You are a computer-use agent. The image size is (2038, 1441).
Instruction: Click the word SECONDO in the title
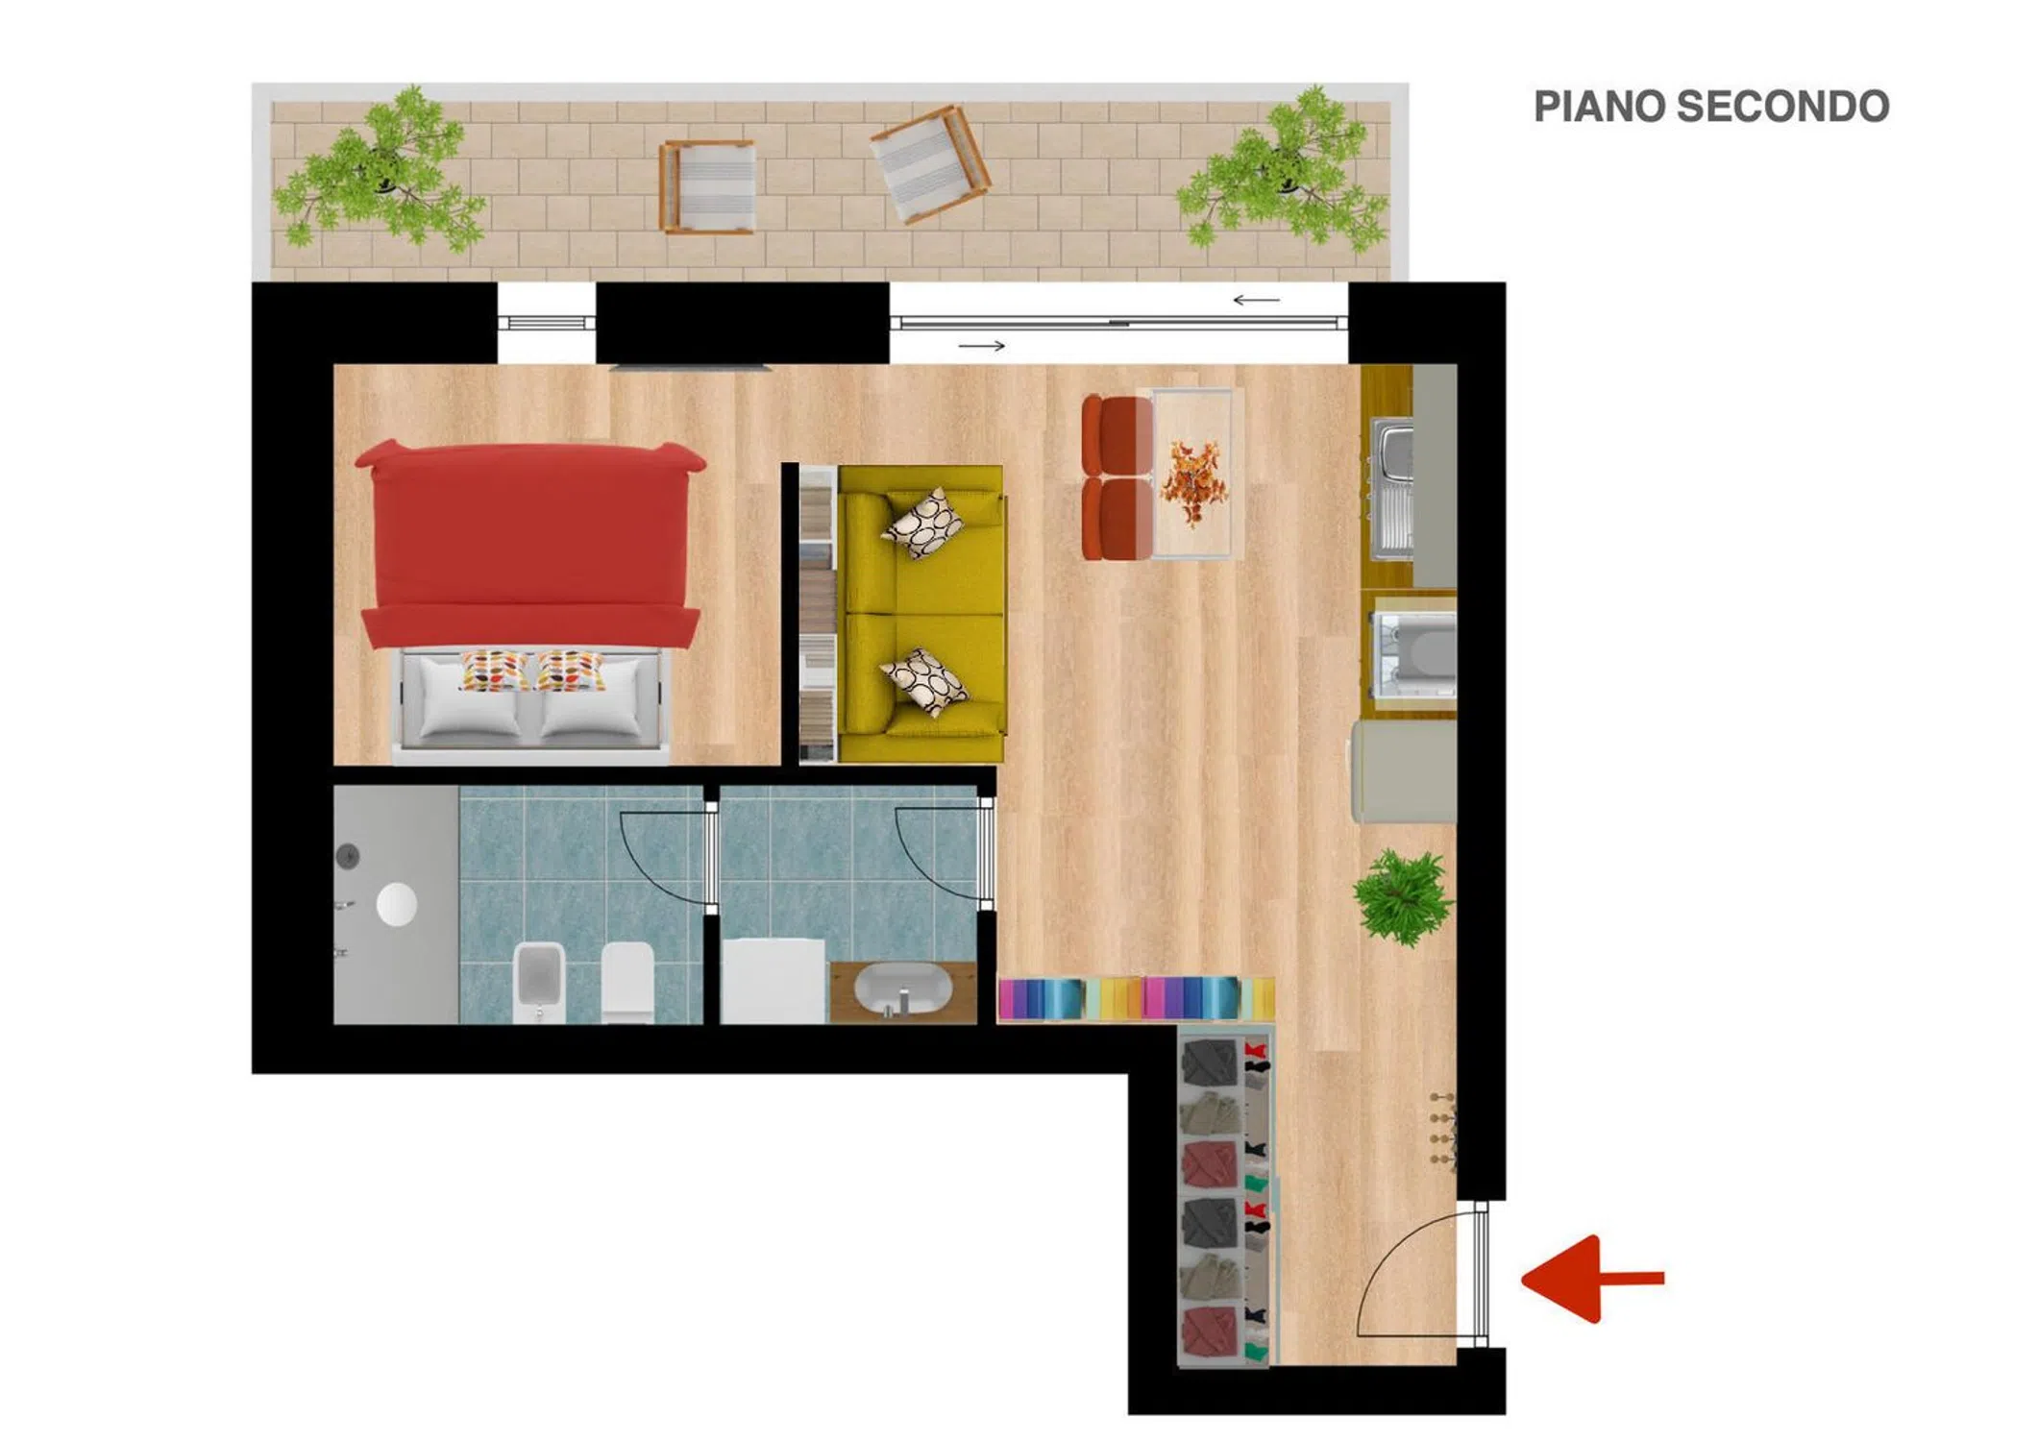(1782, 107)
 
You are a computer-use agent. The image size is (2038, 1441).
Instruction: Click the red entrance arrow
(1593, 1279)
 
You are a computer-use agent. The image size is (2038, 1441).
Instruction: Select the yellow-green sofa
(921, 614)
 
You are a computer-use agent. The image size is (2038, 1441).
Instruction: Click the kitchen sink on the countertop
(1391, 489)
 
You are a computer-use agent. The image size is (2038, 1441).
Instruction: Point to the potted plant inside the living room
(1403, 895)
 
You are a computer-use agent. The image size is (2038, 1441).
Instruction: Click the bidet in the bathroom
(539, 982)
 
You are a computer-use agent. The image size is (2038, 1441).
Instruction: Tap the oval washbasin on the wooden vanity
(902, 989)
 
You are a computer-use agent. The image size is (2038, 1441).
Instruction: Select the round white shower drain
(396, 904)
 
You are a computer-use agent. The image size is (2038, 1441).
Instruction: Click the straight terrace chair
(707, 186)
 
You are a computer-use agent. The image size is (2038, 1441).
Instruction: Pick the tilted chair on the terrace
(929, 164)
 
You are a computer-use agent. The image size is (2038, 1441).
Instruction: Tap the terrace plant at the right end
(1284, 169)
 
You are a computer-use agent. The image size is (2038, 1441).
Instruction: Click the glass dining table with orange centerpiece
(1191, 474)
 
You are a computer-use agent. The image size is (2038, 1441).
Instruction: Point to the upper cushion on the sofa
(923, 523)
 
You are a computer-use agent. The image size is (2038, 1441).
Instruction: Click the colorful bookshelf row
(1136, 999)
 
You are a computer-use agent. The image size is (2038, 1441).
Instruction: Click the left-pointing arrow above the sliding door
(1256, 300)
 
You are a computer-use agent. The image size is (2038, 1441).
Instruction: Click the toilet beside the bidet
(627, 982)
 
